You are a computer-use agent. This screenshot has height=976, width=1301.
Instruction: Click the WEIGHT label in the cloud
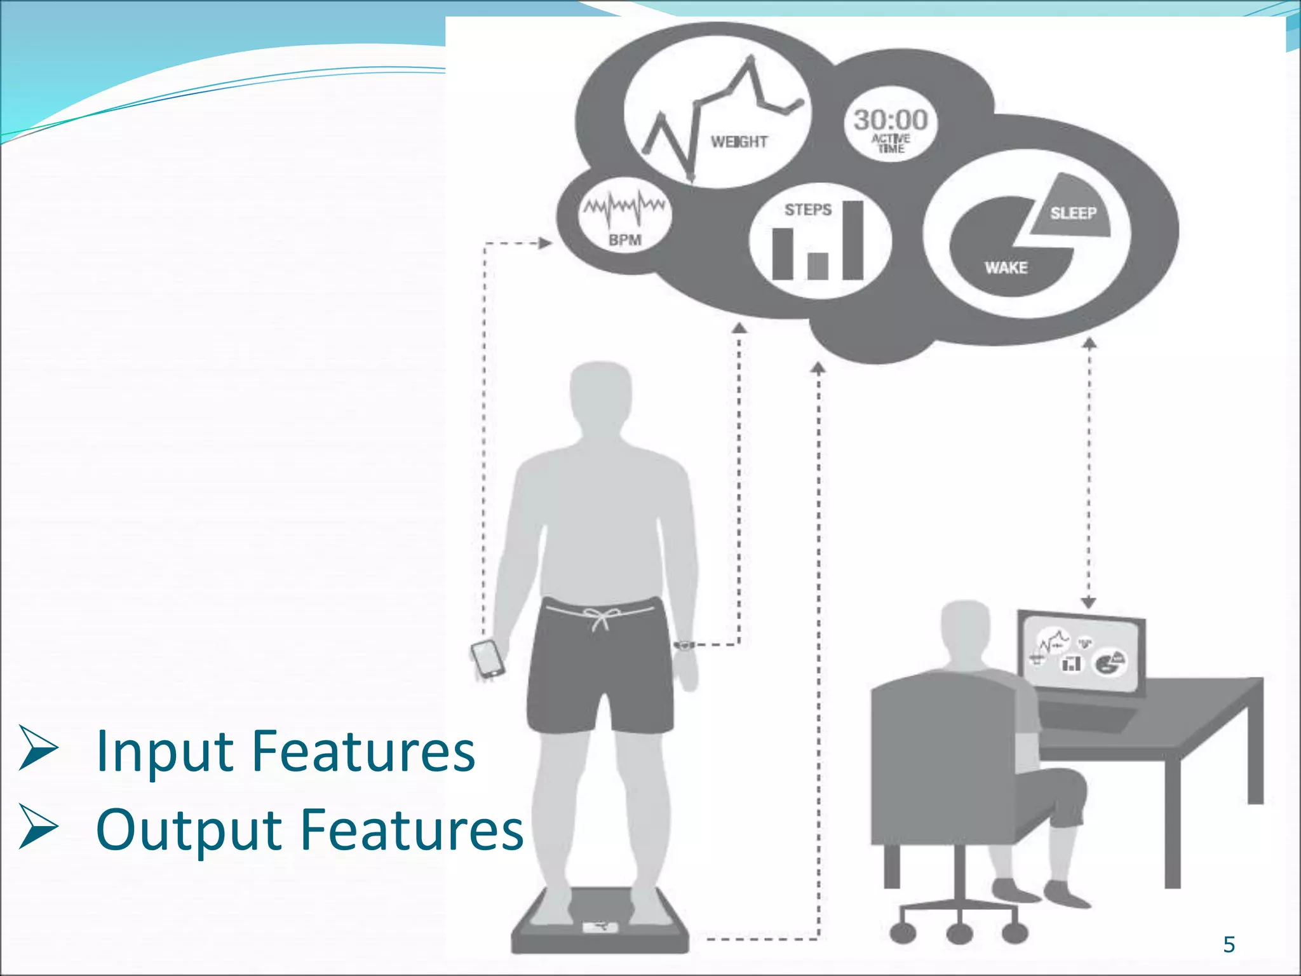739,142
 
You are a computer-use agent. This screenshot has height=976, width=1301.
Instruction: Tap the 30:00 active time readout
890,120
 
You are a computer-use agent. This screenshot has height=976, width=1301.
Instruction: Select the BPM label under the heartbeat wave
624,240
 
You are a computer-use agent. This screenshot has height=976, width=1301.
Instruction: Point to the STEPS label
807,210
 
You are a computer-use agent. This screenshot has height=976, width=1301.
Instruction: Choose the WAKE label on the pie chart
1006,268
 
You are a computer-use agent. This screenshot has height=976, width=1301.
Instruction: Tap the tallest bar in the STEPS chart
853,240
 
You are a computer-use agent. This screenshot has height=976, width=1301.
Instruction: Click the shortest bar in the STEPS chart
818,266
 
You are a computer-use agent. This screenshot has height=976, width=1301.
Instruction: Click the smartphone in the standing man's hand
487,659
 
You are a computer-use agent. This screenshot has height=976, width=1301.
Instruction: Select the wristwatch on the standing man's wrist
684,646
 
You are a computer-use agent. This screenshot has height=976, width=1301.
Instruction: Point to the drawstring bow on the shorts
600,616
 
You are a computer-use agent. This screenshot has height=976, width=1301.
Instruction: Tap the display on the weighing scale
600,927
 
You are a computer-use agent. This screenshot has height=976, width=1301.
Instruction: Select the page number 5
1229,944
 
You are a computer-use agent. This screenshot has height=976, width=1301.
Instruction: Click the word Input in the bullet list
165,752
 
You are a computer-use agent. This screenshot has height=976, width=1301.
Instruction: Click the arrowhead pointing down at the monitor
1088,602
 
